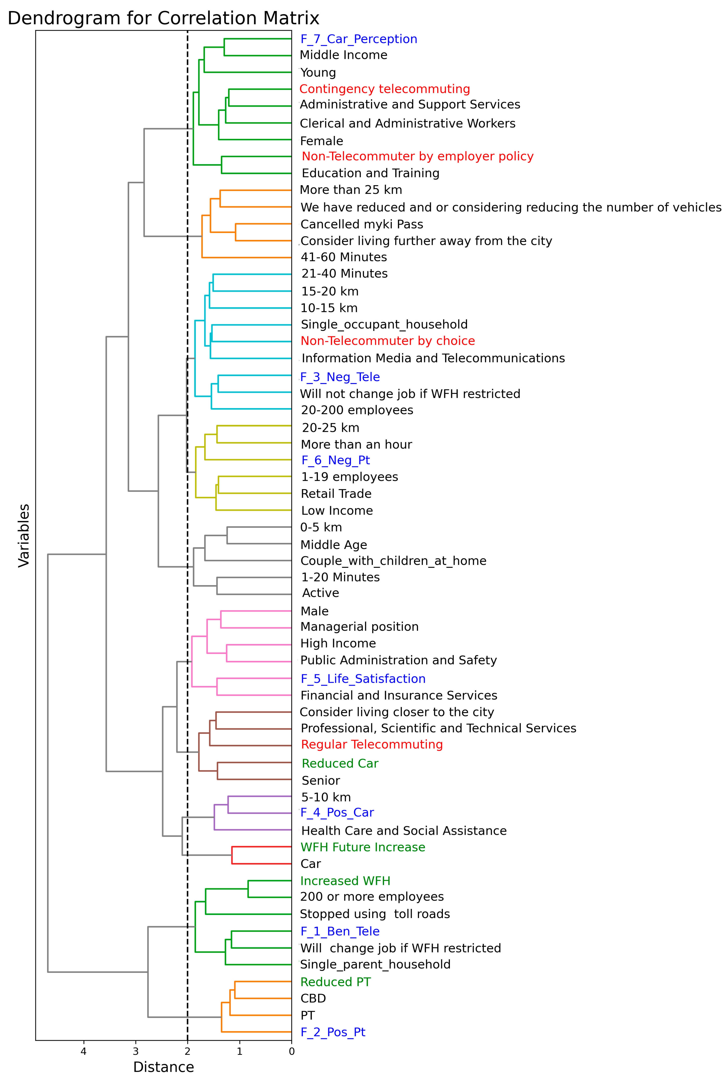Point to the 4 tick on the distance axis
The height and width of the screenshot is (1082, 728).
pyautogui.click(x=84, y=1051)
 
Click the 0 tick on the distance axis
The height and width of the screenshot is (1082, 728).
pyautogui.click(x=292, y=1051)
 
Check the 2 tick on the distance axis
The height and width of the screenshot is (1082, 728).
pyautogui.click(x=187, y=1051)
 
